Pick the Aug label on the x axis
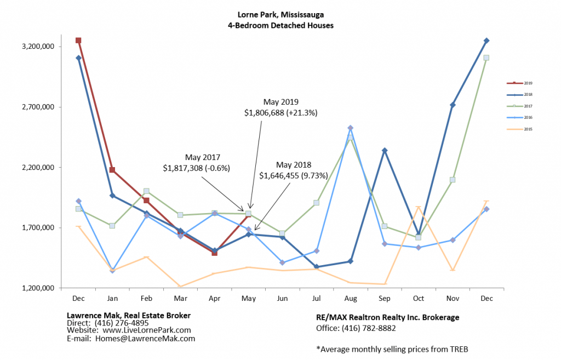pos(351,298)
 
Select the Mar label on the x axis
pos(180,298)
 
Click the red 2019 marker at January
pos(112,170)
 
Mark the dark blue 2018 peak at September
pos(385,150)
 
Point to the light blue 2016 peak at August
pos(351,128)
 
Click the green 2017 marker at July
pos(317,203)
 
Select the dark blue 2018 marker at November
pos(453,105)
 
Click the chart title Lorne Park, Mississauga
pos(280,15)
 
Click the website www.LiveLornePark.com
pos(146,330)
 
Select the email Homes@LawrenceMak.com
pos(145,339)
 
